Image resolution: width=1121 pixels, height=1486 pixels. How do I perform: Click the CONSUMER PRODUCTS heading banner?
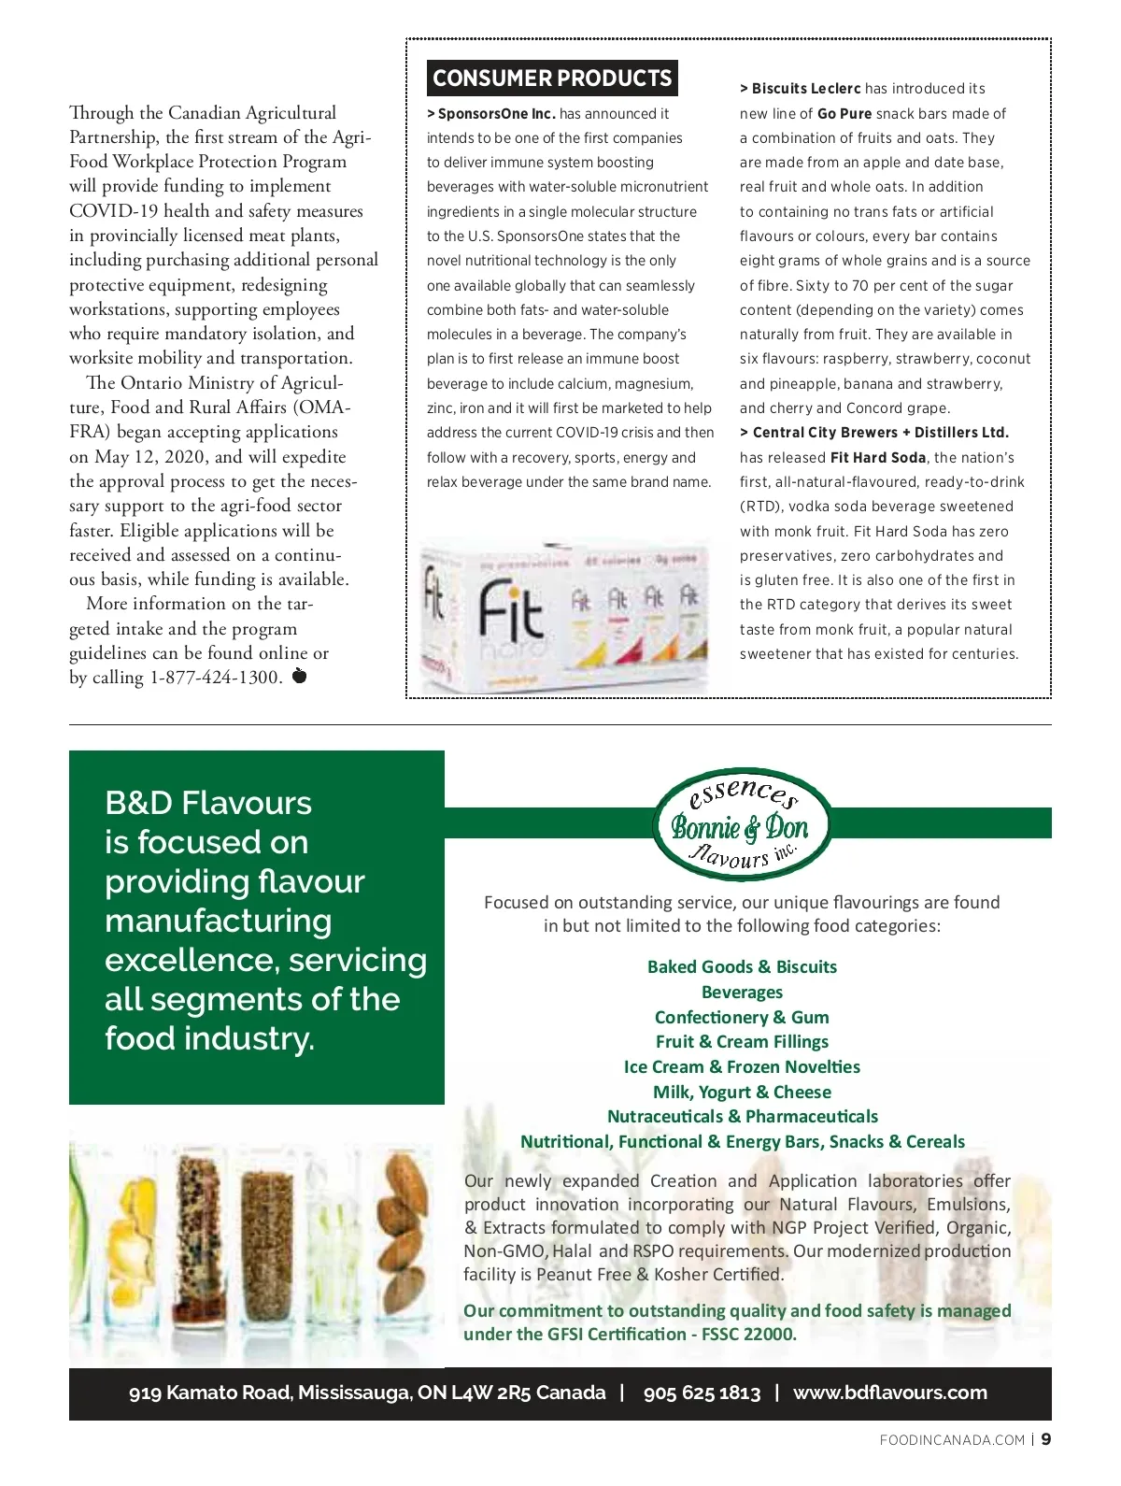(x=552, y=79)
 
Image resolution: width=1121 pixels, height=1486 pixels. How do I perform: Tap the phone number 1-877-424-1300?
(x=216, y=678)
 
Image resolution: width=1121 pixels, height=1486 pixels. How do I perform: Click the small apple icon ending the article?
(x=299, y=676)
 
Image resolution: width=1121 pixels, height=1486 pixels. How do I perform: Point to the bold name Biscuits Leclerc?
(x=806, y=89)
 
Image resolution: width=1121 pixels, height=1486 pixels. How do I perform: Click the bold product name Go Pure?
(x=844, y=114)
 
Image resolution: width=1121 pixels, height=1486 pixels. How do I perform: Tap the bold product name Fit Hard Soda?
(x=878, y=458)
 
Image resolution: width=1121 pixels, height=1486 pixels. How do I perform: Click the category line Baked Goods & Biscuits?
(x=742, y=967)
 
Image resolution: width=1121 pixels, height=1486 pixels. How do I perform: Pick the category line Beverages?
(x=742, y=993)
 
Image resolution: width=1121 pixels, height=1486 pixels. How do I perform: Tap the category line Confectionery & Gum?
(x=742, y=1018)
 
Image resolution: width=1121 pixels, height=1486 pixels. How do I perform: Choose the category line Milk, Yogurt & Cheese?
(x=742, y=1093)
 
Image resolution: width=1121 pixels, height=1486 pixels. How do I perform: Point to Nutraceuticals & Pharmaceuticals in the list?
(x=742, y=1117)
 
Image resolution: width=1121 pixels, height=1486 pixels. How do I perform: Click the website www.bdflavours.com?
(x=889, y=1393)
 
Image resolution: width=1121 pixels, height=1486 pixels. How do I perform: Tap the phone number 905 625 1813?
(x=702, y=1393)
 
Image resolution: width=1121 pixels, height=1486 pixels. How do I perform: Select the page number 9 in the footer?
(x=1046, y=1439)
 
